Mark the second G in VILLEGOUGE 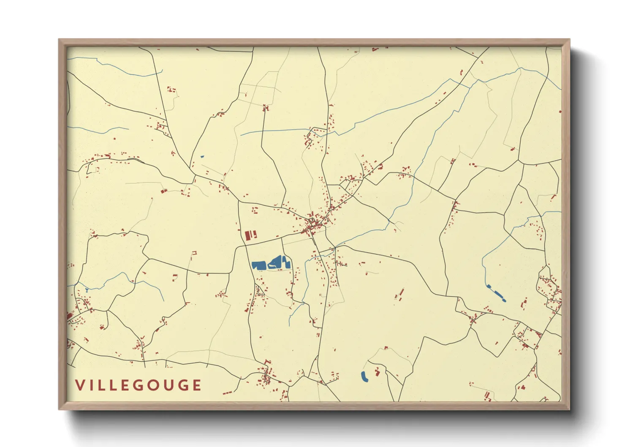point(183,385)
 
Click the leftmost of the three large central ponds point(258,265)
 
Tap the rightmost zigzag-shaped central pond point(287,263)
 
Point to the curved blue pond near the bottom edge point(364,376)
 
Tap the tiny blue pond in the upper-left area point(202,157)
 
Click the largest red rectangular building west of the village point(248,235)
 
